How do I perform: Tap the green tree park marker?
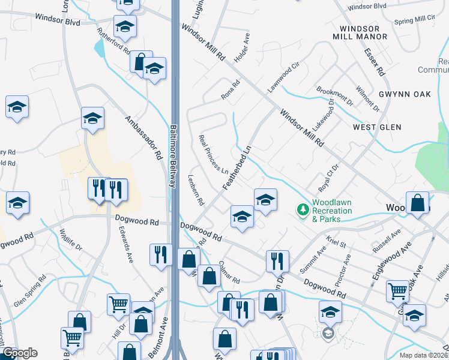click(x=303, y=209)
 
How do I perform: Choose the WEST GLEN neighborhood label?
click(x=377, y=127)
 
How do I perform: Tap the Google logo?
click(x=20, y=353)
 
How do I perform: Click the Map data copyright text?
click(x=424, y=355)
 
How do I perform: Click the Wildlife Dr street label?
click(x=70, y=244)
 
